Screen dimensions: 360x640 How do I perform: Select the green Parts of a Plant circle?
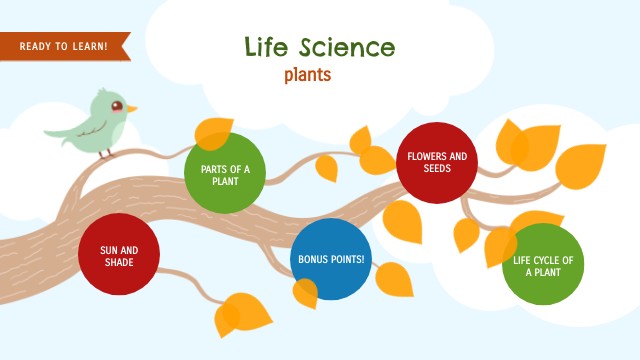tap(225, 174)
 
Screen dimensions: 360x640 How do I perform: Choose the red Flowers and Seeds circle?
tap(437, 162)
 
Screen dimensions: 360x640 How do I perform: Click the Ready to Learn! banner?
tap(65, 45)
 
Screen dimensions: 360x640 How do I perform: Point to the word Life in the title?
tap(268, 47)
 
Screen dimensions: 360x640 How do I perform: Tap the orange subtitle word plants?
tap(307, 74)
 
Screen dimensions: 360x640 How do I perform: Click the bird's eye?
tap(117, 105)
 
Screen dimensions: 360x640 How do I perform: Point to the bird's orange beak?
tap(132, 107)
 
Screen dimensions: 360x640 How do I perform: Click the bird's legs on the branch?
tap(108, 153)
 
